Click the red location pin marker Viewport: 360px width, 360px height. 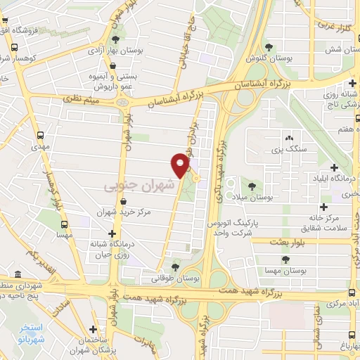coord(181,165)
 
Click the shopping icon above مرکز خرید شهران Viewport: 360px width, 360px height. coord(124,202)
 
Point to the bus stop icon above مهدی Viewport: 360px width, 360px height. coord(39,134)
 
